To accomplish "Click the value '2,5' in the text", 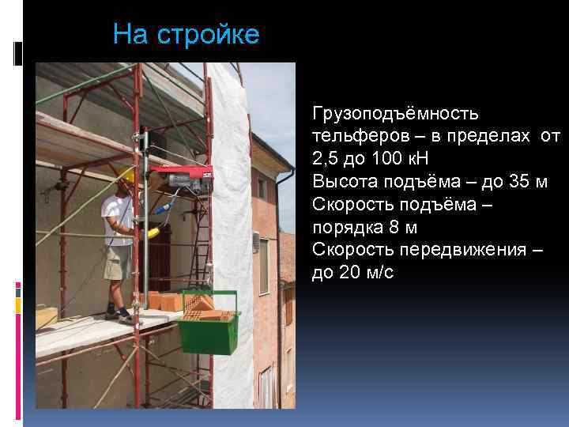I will pyautogui.click(x=327, y=159).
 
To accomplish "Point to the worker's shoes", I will pyautogui.click(x=119, y=316).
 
